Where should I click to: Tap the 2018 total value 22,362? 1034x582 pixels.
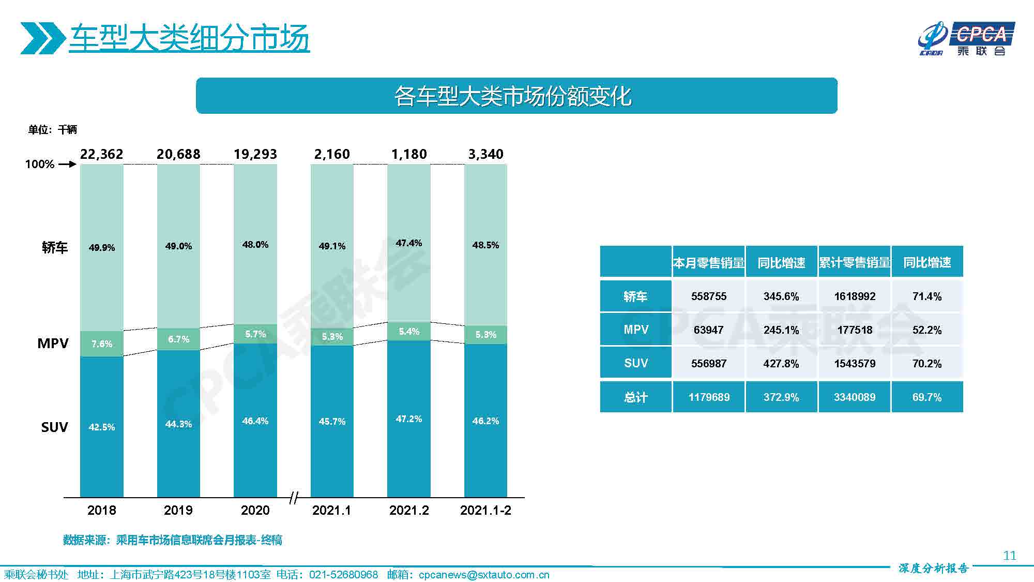101,154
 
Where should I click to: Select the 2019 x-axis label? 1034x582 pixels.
178,510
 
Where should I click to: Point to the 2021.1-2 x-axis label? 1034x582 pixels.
485,510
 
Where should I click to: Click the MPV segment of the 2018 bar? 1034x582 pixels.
102,344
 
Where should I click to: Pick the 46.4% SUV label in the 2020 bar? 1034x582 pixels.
255,421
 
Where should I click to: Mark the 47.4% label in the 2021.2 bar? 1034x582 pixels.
408,243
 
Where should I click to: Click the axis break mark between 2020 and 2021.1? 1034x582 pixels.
294,498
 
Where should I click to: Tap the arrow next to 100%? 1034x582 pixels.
67,165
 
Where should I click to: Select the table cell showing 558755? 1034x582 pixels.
708,296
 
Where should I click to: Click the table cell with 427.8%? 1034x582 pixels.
781,364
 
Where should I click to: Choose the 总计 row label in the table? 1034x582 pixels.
635,397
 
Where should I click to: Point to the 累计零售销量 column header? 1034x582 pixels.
854,263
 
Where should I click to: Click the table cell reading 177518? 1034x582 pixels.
854,330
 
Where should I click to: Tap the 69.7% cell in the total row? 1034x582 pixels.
926,397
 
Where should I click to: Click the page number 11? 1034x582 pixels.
1009,556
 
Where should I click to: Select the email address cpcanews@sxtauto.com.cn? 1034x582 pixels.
483,575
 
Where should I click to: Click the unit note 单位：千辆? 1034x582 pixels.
52,129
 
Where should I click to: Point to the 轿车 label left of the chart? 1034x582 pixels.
55,247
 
